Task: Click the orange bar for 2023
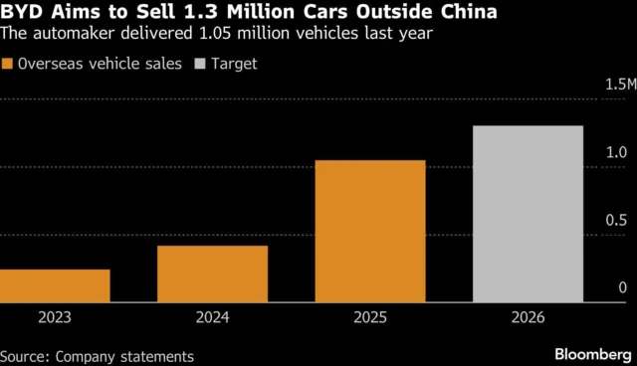[55, 285]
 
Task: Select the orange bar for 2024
[212, 274]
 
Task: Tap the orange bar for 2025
[370, 231]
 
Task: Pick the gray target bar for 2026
[528, 214]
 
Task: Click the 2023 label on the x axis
[55, 320]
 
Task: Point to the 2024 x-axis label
[212, 320]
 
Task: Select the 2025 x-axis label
[370, 320]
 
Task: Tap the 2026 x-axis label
[528, 320]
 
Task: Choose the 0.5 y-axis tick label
[617, 221]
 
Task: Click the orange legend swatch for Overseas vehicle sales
[8, 64]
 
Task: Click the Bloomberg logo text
[587, 353]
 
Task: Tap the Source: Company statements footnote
[97, 355]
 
